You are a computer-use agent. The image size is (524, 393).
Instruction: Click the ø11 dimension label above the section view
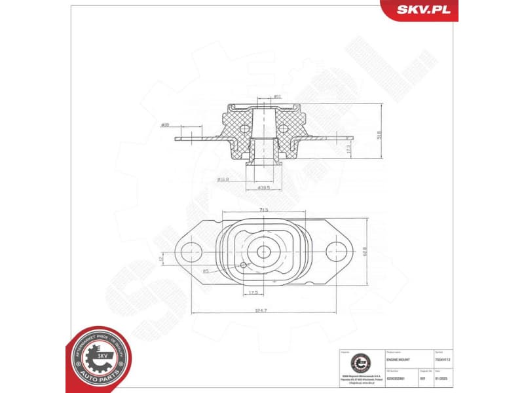coord(276,97)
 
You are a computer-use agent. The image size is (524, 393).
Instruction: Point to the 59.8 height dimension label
coord(378,135)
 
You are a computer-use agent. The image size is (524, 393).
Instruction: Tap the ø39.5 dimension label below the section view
coord(265,188)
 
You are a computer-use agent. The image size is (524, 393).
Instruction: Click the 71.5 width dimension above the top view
coord(263,209)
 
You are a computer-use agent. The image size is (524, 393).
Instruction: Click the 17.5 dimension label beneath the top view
coord(252,292)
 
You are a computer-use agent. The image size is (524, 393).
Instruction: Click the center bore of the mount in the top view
coord(264,252)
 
